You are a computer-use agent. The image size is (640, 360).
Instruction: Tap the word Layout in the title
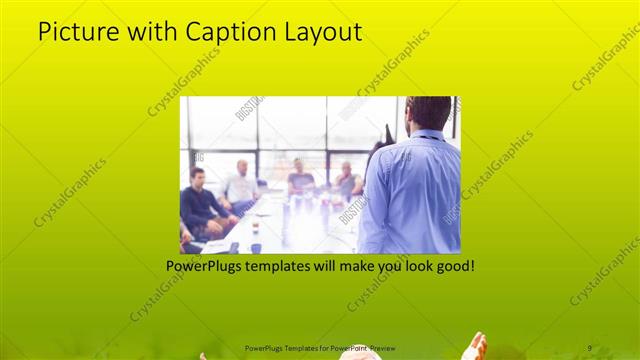[x=324, y=32]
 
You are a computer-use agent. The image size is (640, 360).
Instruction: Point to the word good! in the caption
[x=451, y=267]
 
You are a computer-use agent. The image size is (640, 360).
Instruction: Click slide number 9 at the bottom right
[x=590, y=347]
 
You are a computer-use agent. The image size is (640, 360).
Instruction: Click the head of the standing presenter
[x=428, y=112]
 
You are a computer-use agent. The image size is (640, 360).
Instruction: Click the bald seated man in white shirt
[x=240, y=186]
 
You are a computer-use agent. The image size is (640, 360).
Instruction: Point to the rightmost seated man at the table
[x=346, y=180]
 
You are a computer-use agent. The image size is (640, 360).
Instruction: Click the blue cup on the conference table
[x=255, y=246]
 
